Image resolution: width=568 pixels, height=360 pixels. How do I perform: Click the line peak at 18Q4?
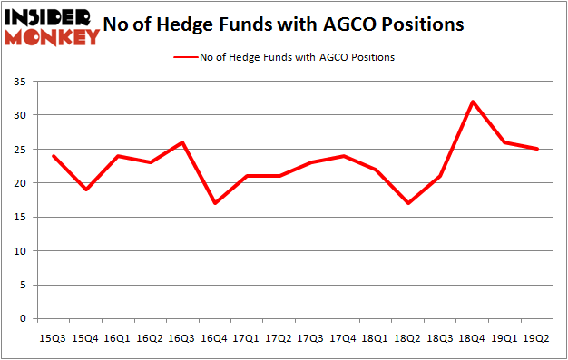click(x=473, y=102)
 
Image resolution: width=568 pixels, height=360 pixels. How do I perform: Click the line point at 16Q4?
click(x=214, y=203)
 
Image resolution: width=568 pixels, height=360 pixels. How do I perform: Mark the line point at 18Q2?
click(x=408, y=203)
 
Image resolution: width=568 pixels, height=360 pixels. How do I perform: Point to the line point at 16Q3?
click(x=182, y=142)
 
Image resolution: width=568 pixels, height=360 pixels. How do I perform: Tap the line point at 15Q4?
click(x=85, y=190)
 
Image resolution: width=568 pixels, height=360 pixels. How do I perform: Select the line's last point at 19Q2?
click(x=537, y=149)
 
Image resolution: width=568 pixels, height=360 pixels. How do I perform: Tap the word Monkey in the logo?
click(x=53, y=36)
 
